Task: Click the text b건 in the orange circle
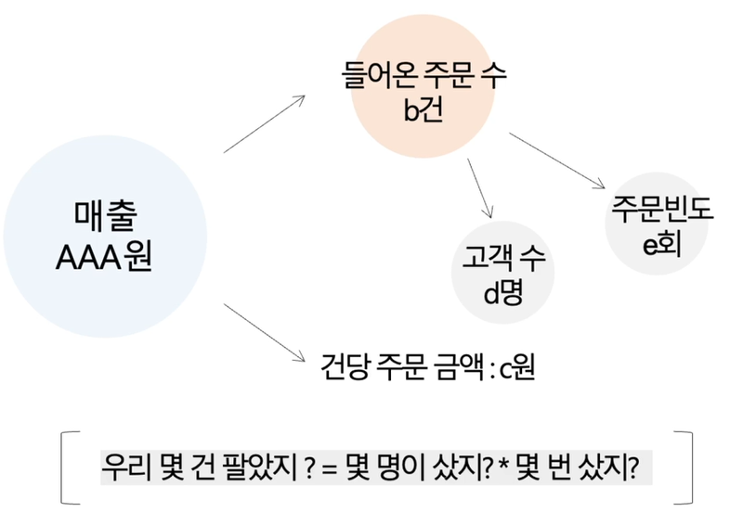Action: point(424,110)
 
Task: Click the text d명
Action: point(502,293)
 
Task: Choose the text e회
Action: point(662,244)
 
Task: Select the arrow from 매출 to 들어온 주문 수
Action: point(265,122)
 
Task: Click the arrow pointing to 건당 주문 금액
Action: point(265,332)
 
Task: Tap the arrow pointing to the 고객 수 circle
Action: point(480,187)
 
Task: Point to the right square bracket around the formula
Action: point(688,466)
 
